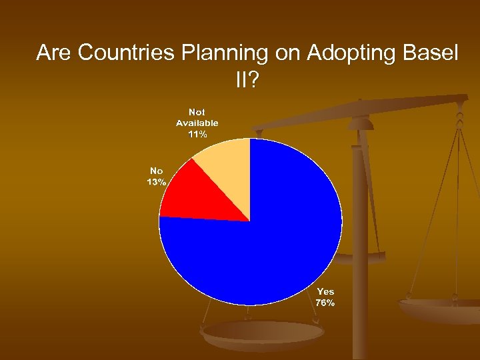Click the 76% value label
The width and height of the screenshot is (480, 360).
tap(325, 303)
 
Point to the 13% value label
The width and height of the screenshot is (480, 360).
tap(157, 183)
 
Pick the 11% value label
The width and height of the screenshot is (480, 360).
tap(197, 134)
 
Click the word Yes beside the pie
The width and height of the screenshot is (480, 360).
tap(325, 291)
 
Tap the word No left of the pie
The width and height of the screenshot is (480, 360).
tap(157, 171)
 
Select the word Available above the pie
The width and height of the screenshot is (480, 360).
tap(197, 123)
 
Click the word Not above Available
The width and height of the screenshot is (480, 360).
tap(197, 112)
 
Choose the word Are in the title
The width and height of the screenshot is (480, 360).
tap(55, 53)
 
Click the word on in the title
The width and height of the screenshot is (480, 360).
tap(288, 53)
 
